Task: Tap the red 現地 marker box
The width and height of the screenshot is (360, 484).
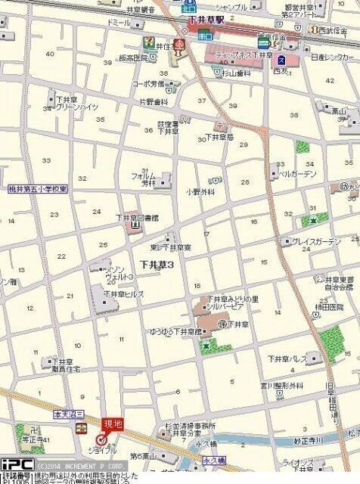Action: point(112,424)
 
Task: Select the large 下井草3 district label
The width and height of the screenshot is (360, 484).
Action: point(157,265)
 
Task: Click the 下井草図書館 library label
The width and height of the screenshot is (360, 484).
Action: point(137,218)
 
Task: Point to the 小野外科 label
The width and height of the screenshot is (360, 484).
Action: point(200,192)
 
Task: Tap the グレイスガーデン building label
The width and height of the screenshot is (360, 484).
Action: point(317,242)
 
